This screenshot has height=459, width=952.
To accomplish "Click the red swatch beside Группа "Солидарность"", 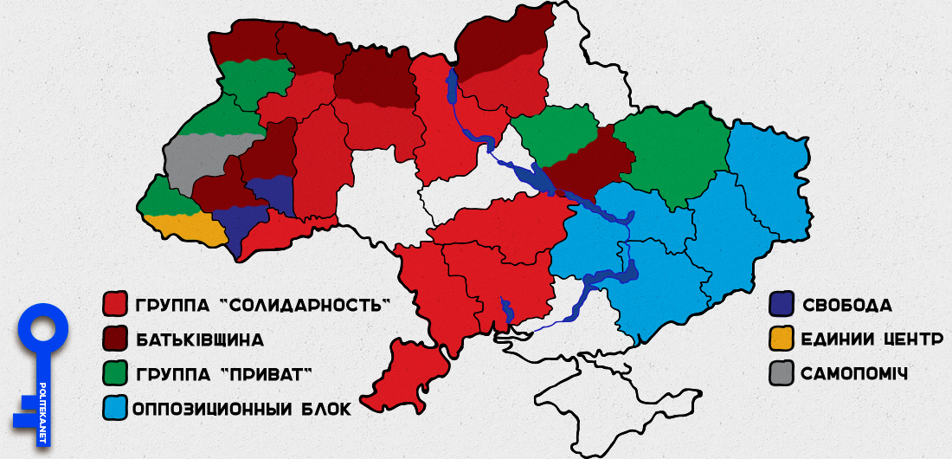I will point(115,304).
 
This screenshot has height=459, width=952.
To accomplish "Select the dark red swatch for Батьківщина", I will point(115,338).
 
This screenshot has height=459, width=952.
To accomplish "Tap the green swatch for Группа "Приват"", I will point(115,373).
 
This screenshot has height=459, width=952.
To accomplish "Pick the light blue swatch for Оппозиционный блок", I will point(115,407).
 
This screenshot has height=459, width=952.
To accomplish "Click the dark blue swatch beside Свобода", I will point(782,304).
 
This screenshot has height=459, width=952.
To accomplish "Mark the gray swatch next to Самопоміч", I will point(782,373).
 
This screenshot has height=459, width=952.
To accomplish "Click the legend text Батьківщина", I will point(199,339).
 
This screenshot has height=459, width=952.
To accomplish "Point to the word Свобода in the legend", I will point(847,305).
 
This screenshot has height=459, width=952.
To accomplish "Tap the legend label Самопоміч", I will point(855,373).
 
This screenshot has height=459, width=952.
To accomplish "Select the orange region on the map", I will point(186,228).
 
